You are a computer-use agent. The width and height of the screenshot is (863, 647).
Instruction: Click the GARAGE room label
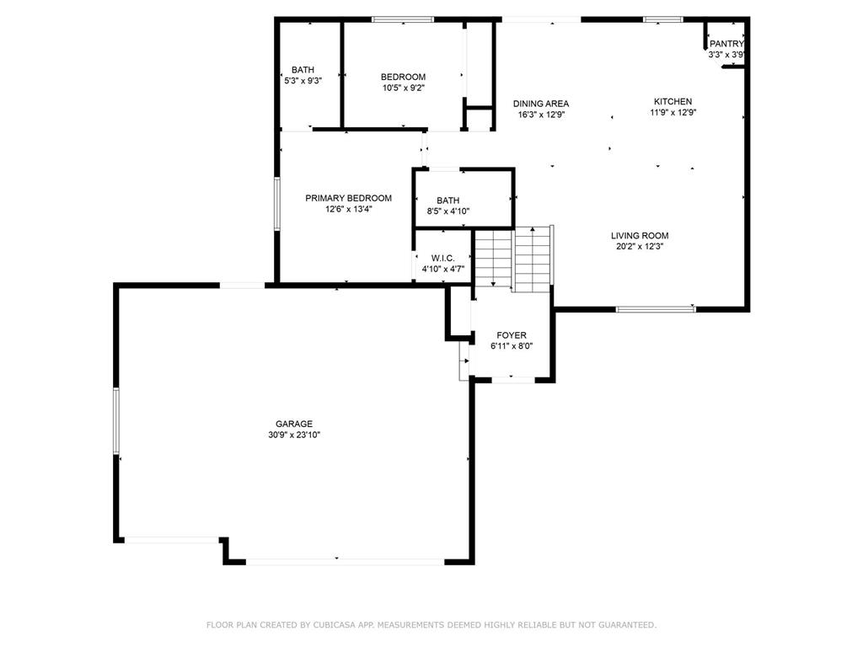[293, 424]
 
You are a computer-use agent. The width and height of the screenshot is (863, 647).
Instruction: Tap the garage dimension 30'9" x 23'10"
[293, 435]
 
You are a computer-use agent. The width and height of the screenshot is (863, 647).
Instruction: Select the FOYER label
[512, 335]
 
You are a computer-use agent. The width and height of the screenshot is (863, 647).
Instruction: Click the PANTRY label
[726, 44]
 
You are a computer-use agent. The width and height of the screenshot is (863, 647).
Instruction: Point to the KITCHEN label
[673, 101]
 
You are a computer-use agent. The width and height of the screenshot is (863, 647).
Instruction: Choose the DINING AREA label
[541, 104]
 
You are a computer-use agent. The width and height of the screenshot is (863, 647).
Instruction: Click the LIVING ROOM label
[640, 236]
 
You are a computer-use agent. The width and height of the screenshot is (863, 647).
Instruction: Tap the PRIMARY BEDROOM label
[348, 198]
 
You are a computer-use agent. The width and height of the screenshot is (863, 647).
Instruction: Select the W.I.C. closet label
[443, 259]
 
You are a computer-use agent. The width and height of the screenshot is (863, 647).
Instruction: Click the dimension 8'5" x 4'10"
[448, 211]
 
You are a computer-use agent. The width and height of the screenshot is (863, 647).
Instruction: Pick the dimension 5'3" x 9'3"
[303, 81]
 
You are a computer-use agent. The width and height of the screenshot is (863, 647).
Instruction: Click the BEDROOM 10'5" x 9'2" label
[403, 82]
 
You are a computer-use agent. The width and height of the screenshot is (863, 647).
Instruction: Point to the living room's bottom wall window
[656, 309]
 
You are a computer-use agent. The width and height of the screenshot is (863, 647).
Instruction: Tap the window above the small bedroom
[403, 19]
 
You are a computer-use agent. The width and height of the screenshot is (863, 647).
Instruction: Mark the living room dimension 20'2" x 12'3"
[640, 247]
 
